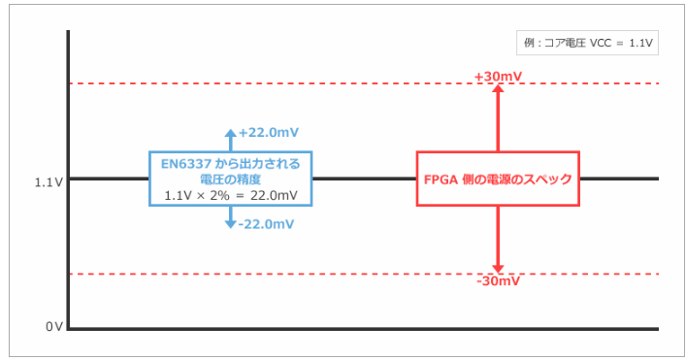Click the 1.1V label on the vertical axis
click(x=49, y=181)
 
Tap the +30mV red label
click(x=498, y=76)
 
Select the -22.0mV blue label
click(x=266, y=224)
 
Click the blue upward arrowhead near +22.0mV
click(x=230, y=133)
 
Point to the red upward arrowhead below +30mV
click(x=498, y=89)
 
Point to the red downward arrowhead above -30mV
click(x=498, y=268)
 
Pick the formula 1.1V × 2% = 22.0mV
click(x=230, y=195)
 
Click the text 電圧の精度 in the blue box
click(x=230, y=180)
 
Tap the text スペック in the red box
click(x=548, y=180)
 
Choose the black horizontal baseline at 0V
click(x=369, y=329)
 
